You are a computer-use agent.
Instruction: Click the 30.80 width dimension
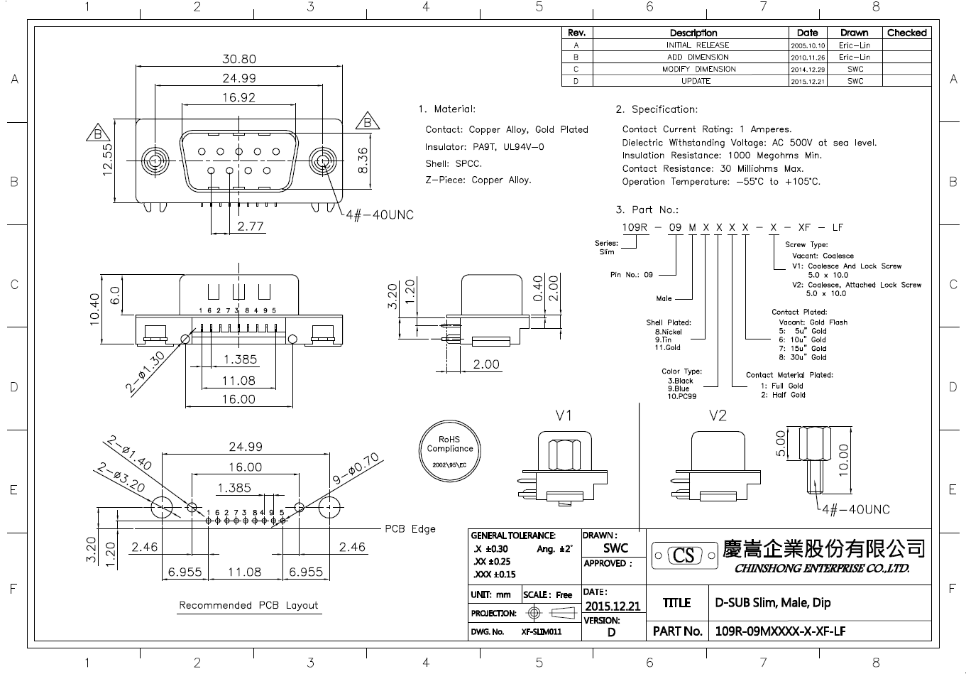click(x=239, y=59)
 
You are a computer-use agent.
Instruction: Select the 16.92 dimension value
click(x=239, y=97)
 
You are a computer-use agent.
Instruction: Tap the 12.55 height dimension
click(x=107, y=159)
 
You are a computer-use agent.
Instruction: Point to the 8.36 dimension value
click(x=363, y=160)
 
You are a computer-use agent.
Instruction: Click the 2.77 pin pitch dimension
click(x=250, y=226)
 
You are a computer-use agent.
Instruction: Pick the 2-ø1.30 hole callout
click(x=145, y=372)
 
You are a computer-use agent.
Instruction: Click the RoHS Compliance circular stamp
click(x=449, y=451)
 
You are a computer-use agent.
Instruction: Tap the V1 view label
click(x=564, y=415)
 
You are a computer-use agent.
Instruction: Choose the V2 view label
click(x=718, y=415)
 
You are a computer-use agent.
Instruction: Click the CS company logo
click(x=684, y=555)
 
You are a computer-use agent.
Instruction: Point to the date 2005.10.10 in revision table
click(x=808, y=45)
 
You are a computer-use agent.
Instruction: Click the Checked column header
click(x=906, y=33)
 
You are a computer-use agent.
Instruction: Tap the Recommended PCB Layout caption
click(x=248, y=605)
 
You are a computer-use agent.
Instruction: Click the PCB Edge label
click(x=410, y=528)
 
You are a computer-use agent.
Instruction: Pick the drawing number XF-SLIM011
click(x=542, y=631)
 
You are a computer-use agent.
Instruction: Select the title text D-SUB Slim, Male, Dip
click(x=773, y=602)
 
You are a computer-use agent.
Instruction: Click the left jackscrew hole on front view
click(x=155, y=161)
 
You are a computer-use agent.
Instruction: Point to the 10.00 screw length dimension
click(x=843, y=460)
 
